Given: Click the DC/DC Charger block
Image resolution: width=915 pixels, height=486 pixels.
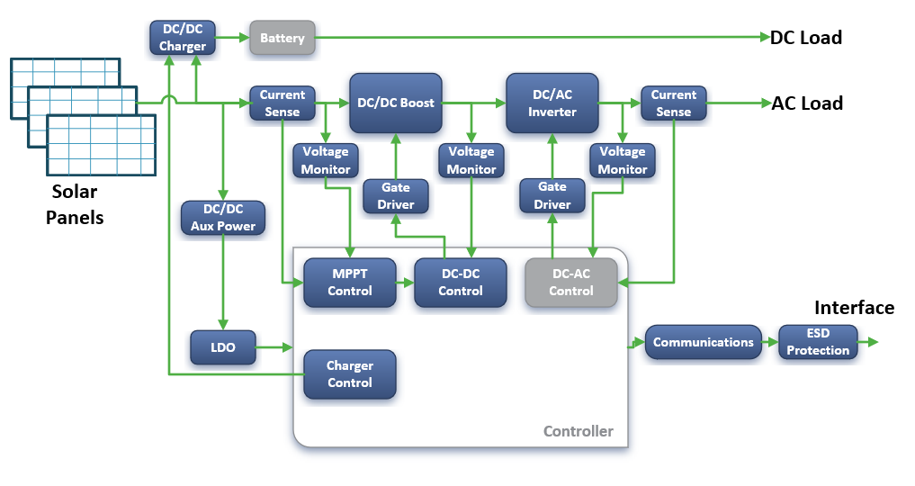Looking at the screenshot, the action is [x=183, y=38].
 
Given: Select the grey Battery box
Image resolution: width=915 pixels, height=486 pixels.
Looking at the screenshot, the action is [x=283, y=38].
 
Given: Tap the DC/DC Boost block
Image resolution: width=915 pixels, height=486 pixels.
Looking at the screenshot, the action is [x=396, y=103].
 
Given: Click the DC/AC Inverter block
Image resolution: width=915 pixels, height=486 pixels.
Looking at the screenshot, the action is [x=552, y=103].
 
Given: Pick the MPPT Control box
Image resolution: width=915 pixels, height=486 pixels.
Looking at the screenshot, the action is [x=350, y=283].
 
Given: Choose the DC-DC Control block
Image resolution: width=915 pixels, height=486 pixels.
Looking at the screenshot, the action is [x=461, y=283].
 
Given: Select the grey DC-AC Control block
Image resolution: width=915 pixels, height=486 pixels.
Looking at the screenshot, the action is [x=571, y=283].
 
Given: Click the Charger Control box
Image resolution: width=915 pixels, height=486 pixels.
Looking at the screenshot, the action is [x=350, y=374].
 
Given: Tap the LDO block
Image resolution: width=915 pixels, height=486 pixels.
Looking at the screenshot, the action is [x=223, y=347].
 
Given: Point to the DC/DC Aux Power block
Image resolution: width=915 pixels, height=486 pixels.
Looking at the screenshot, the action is [x=223, y=218].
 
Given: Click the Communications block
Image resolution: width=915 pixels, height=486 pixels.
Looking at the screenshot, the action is [x=704, y=342].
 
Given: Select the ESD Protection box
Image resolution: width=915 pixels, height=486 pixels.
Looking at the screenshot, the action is [x=818, y=342].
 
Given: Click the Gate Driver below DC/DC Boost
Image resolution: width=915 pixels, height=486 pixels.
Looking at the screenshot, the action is [x=396, y=196].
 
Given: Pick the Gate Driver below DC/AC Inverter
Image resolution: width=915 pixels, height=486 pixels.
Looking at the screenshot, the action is [x=552, y=195].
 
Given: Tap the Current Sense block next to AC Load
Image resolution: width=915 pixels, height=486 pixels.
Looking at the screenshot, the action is [x=673, y=103].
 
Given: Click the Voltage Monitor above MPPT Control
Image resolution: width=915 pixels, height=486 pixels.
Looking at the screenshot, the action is [x=326, y=160].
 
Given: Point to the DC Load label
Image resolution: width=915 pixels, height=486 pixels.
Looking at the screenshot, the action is [x=806, y=37].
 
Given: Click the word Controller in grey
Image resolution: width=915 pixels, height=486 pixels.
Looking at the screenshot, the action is [x=579, y=431].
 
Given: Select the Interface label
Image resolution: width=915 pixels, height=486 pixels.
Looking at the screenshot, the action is [x=855, y=308].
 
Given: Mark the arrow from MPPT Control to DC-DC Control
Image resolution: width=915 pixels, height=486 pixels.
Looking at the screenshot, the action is [x=405, y=283].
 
